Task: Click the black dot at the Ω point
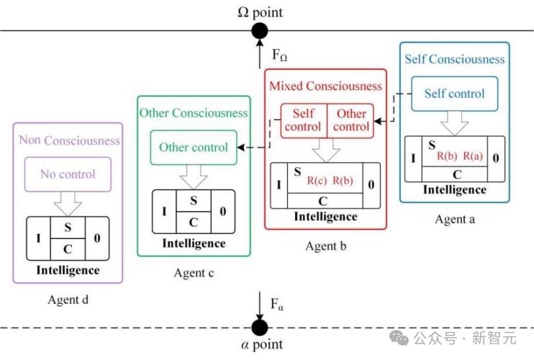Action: pos(259,31)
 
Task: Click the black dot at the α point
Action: pos(259,328)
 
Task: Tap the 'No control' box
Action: pos(67,174)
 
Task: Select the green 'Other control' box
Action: pos(194,147)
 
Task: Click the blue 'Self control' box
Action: pos(454,94)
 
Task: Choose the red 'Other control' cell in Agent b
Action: pos(352,120)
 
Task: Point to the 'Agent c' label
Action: pos(194,273)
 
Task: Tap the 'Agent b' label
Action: pos(326,246)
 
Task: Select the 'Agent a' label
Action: pos(455,219)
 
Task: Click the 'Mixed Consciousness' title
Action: pos(325,86)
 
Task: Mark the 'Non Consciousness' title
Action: pos(69,140)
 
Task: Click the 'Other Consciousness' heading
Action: pos(194,113)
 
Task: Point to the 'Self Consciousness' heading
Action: pos(455,59)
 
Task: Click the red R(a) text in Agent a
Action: pos(473,156)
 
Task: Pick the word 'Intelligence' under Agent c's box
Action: pos(194,243)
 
